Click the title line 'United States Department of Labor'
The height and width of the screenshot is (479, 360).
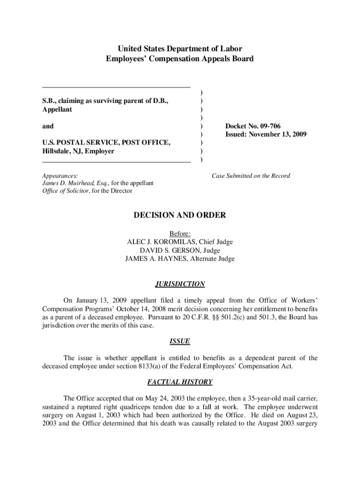click(180, 49)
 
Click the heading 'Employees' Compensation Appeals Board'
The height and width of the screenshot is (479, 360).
click(180, 58)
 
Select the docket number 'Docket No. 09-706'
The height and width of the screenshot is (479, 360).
click(253, 126)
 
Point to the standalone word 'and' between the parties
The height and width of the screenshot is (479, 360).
click(48, 126)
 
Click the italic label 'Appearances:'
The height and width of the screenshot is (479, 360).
click(60, 176)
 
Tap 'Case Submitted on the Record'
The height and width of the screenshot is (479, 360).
click(251, 176)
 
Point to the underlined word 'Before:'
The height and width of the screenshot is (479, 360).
click(180, 233)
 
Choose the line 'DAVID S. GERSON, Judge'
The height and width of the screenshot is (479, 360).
click(180, 250)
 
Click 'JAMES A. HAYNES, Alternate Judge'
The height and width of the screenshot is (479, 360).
click(180, 259)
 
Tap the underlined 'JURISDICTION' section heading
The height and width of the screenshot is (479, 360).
click(180, 284)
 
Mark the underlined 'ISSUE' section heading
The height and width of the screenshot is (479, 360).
click(180, 341)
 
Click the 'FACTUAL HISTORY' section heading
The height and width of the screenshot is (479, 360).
click(180, 382)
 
